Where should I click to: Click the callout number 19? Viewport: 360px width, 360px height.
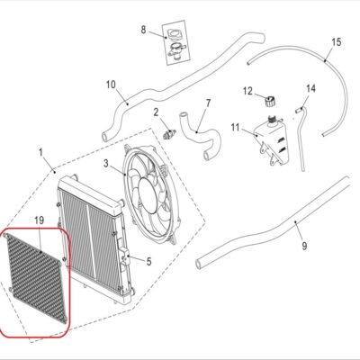(x=40, y=220)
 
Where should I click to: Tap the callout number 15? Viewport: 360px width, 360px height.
(x=337, y=42)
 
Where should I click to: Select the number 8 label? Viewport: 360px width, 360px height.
(x=143, y=30)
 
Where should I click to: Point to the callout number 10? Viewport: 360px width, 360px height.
(x=111, y=85)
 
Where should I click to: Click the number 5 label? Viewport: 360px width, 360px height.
(x=148, y=262)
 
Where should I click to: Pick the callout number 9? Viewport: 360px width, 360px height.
(x=304, y=247)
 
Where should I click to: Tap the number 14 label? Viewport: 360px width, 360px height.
(x=311, y=89)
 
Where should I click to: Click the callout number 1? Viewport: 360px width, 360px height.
(x=40, y=153)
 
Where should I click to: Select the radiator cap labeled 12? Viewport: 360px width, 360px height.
(x=270, y=101)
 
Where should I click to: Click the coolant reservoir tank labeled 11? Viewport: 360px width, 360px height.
(x=272, y=140)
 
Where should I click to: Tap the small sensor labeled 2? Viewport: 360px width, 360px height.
(x=169, y=133)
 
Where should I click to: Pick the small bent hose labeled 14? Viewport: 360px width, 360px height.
(x=301, y=138)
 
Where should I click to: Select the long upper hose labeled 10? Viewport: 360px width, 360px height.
(x=168, y=87)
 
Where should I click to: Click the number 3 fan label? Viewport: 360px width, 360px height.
(x=105, y=163)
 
